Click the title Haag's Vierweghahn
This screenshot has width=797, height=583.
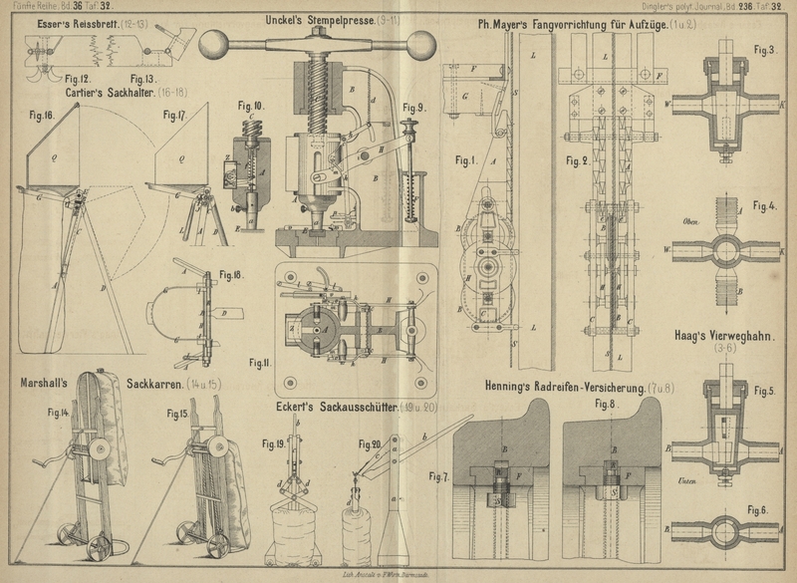coord(728,338)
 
